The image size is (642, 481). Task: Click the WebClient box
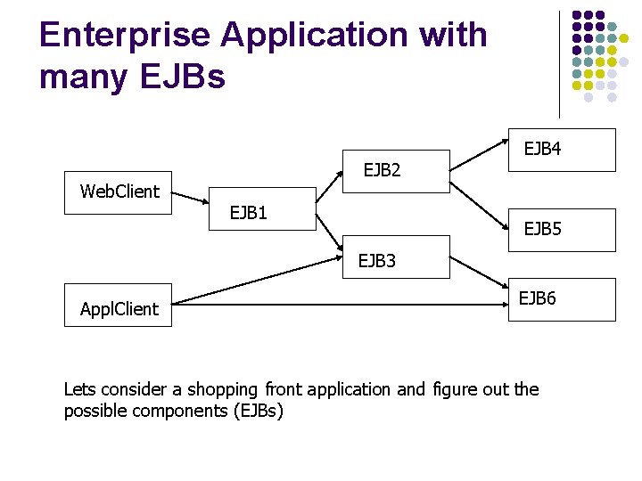(x=118, y=192)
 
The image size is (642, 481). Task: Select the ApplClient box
(x=118, y=306)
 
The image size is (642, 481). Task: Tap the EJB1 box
(x=262, y=209)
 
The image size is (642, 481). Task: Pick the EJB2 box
(x=396, y=171)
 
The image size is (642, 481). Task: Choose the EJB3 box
(x=396, y=257)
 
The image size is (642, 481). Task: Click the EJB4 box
(x=562, y=151)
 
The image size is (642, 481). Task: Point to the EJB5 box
(x=562, y=231)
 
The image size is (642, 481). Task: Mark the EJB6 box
(x=562, y=300)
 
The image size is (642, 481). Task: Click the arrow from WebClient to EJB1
(x=190, y=198)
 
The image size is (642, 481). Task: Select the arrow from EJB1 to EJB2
(x=329, y=187)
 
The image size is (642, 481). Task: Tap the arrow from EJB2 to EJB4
(x=479, y=155)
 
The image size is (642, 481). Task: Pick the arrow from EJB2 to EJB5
(x=479, y=206)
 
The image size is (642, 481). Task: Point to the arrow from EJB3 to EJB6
(x=479, y=273)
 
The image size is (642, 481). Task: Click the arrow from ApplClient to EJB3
(x=257, y=281)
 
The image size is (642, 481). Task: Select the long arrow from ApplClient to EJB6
(x=340, y=305)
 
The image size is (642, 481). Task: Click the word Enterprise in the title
(x=125, y=36)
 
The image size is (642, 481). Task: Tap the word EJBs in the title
(x=183, y=76)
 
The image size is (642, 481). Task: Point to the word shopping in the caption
(x=222, y=391)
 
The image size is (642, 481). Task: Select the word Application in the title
(x=315, y=36)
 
